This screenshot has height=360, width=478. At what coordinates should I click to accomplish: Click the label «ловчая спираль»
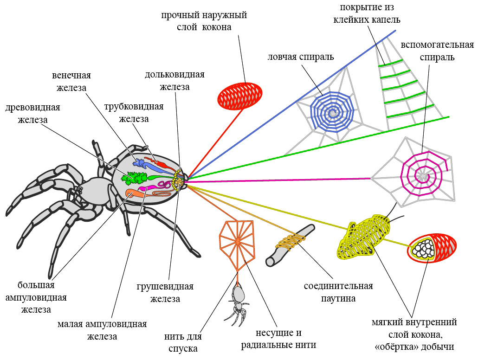[301, 57]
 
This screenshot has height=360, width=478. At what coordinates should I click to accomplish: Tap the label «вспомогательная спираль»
[437, 51]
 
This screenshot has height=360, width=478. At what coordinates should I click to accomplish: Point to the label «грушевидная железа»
[165, 293]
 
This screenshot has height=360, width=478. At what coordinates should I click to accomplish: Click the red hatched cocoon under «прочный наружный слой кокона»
[239, 96]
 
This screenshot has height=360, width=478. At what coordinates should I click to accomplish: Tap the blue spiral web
[332, 113]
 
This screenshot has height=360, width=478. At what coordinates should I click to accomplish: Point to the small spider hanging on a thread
[238, 302]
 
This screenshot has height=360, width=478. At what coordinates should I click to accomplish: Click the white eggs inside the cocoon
[424, 250]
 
